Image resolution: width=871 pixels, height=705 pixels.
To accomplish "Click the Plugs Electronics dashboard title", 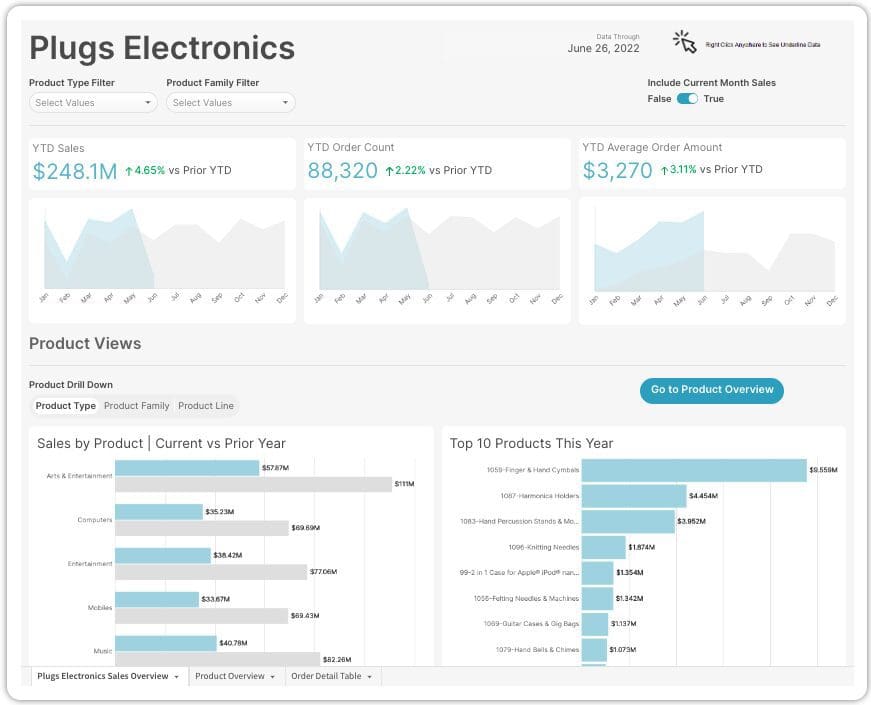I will coord(162,48).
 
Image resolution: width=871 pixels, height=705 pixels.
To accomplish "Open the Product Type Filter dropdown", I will coord(93,102).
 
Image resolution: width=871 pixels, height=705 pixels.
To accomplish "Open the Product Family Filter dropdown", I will coord(230,102).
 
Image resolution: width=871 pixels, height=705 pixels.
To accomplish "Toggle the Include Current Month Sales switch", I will coord(687,99).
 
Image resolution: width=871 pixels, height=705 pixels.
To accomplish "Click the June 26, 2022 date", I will coord(603,48).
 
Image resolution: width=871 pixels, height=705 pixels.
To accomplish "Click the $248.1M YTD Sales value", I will coord(75,171).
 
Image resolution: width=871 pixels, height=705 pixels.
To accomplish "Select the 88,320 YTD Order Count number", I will coord(342,171).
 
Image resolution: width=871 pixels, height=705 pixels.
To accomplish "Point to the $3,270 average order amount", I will coord(617,171).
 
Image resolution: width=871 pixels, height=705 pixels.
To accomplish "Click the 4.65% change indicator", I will coord(144,170).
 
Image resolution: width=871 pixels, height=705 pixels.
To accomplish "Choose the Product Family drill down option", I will coord(137,406).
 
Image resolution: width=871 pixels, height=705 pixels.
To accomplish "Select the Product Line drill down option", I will coord(206,406).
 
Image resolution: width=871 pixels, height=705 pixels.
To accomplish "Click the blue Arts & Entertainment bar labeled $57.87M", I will coord(187,468).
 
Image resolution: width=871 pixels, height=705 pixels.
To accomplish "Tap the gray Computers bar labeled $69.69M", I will coord(202,528).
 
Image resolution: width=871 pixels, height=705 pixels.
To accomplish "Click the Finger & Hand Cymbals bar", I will coord(693,470).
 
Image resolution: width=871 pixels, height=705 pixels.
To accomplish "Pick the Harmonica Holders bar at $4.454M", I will coord(634,496).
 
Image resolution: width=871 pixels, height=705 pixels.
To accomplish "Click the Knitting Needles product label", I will coord(543,547).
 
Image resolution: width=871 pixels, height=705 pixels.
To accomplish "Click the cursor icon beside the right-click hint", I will coord(685,41).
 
